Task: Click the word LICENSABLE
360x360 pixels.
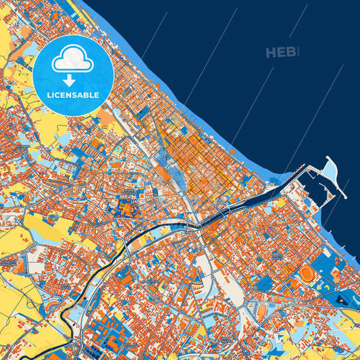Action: tap(72, 95)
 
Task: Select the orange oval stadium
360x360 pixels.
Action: tap(306, 273)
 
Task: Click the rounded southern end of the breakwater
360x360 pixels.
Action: tap(344, 195)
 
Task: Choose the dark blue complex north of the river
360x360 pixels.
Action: tap(128, 206)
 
